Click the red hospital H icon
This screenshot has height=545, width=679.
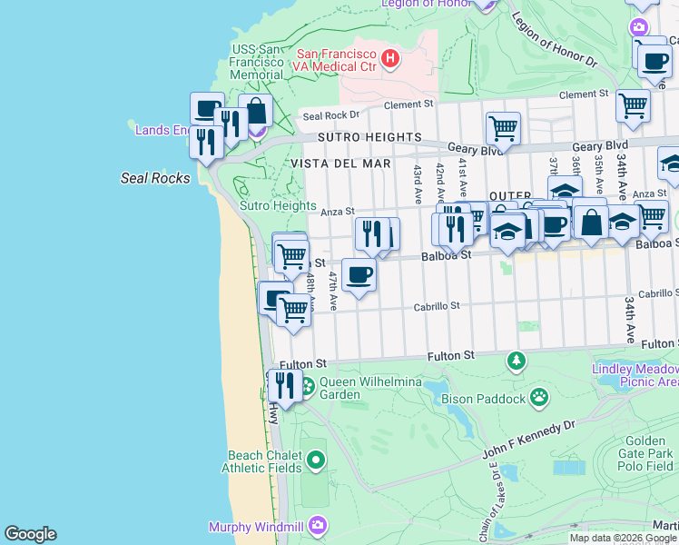click(x=390, y=59)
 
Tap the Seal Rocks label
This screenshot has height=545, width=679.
click(x=155, y=178)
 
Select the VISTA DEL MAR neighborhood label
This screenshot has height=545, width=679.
click(x=340, y=163)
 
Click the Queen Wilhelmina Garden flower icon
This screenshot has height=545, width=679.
click(x=307, y=385)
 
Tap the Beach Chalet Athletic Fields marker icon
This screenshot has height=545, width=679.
click(x=315, y=461)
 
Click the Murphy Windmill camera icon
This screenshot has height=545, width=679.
click(x=317, y=525)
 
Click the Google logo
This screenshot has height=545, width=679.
click(x=30, y=534)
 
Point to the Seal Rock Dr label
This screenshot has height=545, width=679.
click(x=331, y=115)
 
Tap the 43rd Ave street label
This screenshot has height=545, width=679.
click(x=417, y=183)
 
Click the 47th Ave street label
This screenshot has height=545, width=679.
click(x=333, y=290)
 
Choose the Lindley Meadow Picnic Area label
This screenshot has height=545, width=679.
click(x=635, y=376)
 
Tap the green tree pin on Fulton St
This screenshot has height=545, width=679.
click(x=517, y=362)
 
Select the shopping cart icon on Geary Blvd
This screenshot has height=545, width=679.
click(x=502, y=127)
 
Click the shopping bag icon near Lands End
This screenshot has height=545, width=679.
click(x=256, y=112)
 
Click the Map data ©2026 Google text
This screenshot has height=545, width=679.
click(x=623, y=538)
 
